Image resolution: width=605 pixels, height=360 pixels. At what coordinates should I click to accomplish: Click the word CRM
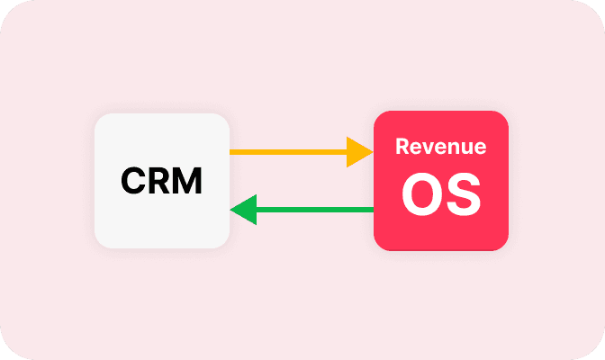pos(162,182)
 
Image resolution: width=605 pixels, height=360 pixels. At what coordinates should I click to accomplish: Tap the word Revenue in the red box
pos(441,147)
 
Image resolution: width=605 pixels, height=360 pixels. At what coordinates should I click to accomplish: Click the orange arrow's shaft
pos(288,152)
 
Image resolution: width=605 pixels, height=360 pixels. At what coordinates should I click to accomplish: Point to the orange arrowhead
pos(360,152)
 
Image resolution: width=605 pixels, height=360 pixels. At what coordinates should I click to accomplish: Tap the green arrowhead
pos(244,210)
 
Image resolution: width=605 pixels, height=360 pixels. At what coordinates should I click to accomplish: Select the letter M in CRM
pos(187,182)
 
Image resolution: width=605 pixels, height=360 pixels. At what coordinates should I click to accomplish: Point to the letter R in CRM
pos(158,182)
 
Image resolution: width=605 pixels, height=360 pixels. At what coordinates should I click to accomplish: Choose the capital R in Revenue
pos(402,147)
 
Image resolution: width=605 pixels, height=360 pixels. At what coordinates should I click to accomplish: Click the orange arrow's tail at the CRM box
pos(234,152)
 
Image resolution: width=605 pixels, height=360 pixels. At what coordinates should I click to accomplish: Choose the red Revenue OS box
pos(441,229)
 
